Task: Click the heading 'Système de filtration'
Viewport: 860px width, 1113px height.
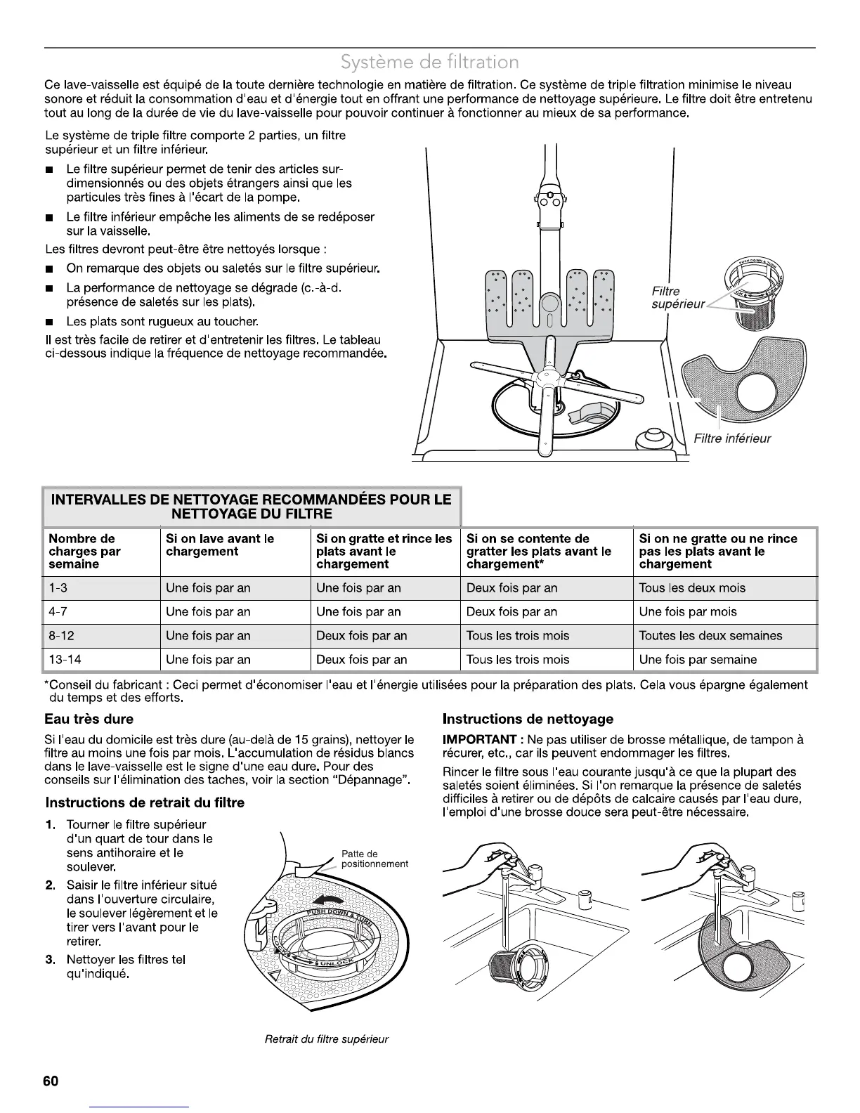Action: tap(429, 63)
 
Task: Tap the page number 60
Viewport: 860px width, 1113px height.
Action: tap(51, 1081)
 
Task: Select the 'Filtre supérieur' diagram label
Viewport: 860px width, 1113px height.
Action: tap(677, 297)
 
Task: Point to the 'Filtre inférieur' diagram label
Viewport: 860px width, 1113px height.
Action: tap(731, 438)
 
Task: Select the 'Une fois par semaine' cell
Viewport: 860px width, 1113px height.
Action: tap(698, 660)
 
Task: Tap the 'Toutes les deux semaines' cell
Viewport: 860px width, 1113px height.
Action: tap(710, 636)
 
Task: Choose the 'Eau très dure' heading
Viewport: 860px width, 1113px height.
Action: tap(89, 719)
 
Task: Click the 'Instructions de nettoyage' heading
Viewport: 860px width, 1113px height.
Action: tap(528, 719)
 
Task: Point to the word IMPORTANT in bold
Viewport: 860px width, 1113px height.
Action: tap(481, 740)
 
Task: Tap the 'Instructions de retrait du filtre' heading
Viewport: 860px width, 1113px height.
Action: tap(145, 802)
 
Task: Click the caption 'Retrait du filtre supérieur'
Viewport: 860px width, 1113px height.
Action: tap(327, 1039)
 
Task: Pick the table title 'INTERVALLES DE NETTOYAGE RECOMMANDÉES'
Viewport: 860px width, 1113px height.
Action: tap(252, 507)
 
